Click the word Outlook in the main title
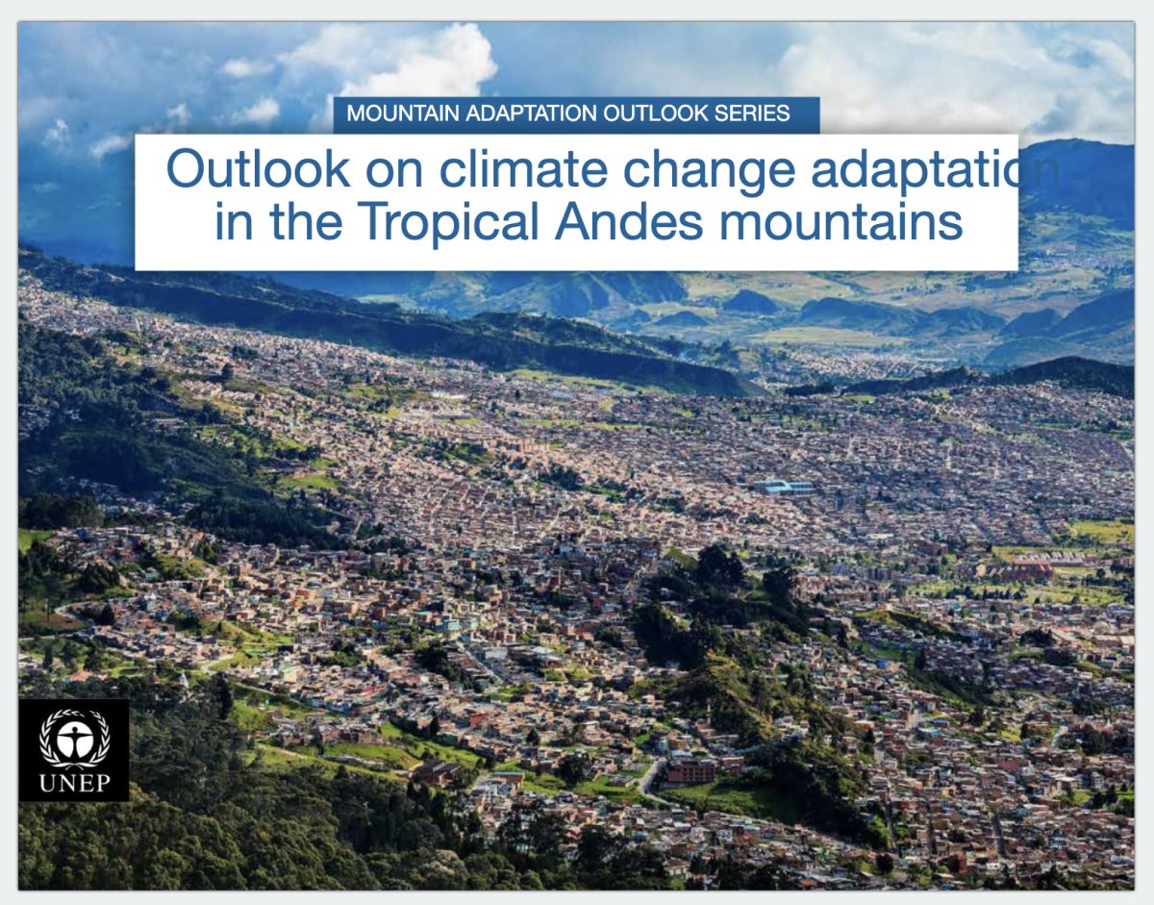coord(259,168)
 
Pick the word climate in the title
coord(524,168)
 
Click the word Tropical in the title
coord(448,221)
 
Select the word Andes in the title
coord(629,220)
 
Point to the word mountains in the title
coord(840,221)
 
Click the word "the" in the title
coord(306,220)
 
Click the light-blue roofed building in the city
coord(784,487)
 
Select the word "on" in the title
coord(395,172)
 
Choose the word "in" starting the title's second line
coord(234,221)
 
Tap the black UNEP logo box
coord(74,750)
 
